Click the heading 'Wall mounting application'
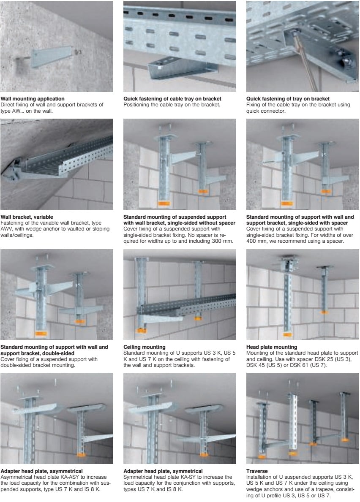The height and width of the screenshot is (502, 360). pos(33,99)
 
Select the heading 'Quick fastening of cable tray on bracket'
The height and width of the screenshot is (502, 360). pos(172,99)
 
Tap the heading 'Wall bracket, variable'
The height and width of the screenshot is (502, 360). pos(27,217)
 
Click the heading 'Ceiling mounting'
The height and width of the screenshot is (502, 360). pos(145,347)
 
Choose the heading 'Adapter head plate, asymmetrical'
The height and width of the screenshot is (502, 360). pos(42,471)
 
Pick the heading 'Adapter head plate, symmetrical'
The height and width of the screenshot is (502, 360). pos(163,471)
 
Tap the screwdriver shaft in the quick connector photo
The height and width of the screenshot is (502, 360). pos(305,61)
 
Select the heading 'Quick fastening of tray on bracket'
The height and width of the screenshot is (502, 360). pos(288,99)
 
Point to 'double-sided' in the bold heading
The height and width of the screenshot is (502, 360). pos(59,353)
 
